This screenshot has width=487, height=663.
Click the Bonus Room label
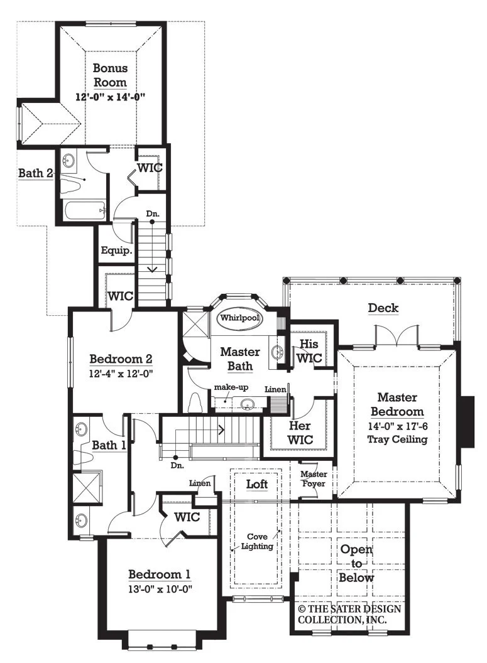point(110,75)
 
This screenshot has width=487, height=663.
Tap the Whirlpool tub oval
point(240,318)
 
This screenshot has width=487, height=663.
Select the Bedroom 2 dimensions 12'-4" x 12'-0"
point(121,374)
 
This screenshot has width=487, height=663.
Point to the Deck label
point(383,308)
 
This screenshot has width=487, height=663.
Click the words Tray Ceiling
point(397,439)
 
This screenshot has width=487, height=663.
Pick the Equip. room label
point(116,251)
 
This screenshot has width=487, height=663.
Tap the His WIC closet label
point(309,351)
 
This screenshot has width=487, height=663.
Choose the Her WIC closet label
point(300,433)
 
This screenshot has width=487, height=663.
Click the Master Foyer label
point(314,478)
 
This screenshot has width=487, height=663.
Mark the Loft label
point(257,483)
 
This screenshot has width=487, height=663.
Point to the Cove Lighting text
point(257,541)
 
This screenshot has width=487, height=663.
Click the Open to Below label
point(356,563)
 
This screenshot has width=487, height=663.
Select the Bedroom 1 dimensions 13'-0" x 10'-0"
point(160,589)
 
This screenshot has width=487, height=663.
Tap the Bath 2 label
point(36,173)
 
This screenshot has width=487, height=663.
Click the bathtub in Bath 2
point(84,210)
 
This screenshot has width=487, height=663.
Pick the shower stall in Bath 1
point(87,487)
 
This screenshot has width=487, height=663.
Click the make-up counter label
point(231,387)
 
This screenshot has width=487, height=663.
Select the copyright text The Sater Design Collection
point(349,615)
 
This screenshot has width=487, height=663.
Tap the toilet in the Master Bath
point(196,402)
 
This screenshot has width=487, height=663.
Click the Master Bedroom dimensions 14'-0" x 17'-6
point(398,426)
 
